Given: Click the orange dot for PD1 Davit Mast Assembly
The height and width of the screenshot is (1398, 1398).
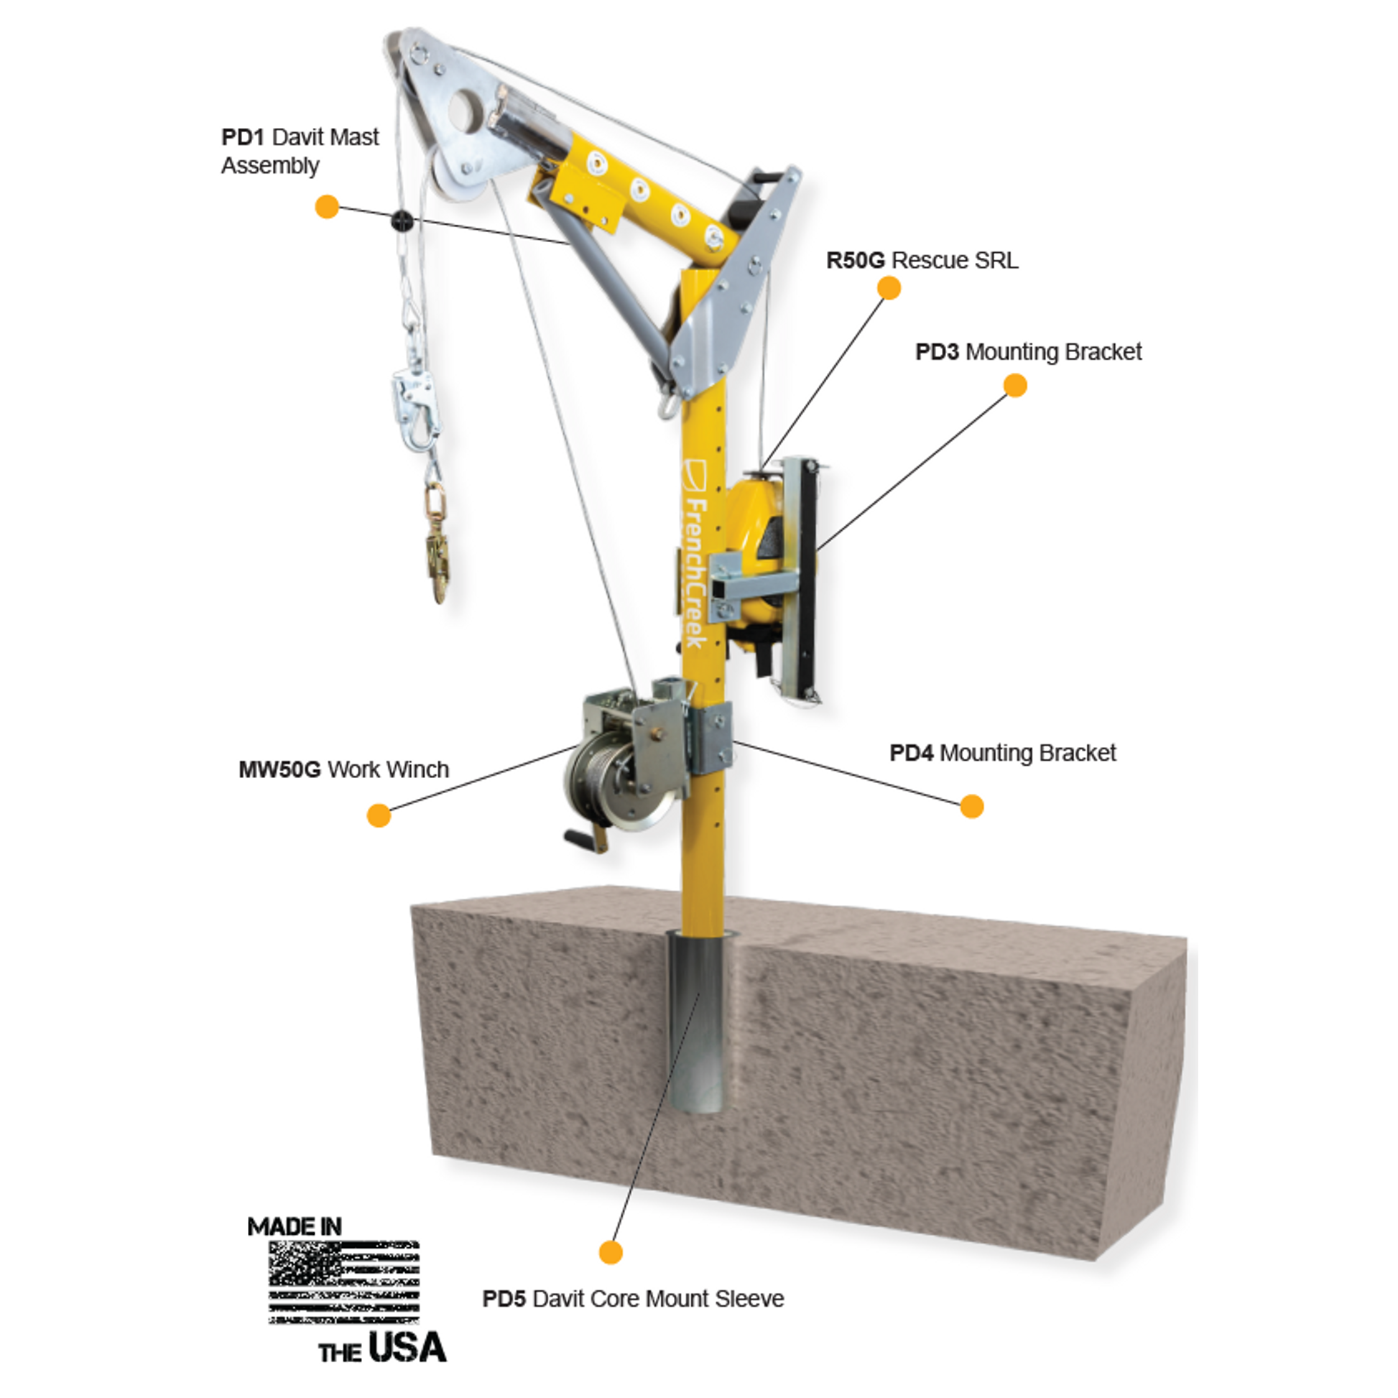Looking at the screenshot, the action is (x=327, y=206).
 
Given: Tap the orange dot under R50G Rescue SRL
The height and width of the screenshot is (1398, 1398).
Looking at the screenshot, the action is (x=889, y=287).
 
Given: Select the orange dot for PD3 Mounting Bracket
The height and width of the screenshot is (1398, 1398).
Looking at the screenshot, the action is (x=1015, y=385).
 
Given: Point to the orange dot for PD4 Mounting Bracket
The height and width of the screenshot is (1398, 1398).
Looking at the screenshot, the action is (x=972, y=806).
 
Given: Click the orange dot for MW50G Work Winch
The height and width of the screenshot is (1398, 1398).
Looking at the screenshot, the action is (x=379, y=815).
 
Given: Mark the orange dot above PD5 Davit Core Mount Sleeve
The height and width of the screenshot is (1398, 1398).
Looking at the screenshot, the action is (x=611, y=1252).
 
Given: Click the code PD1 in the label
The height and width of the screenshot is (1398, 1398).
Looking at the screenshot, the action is (x=243, y=136).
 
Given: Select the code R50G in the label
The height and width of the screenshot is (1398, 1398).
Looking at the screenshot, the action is (x=856, y=260).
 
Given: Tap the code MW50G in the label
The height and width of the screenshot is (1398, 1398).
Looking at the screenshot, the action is (x=279, y=769).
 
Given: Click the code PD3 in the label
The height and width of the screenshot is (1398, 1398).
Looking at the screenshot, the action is (x=937, y=352).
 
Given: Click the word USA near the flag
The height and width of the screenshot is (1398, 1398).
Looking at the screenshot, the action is (x=407, y=1347).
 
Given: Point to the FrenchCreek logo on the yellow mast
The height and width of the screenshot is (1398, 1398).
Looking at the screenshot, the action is (x=694, y=553).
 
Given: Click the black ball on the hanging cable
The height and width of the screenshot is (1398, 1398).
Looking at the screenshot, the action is (x=400, y=221).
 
